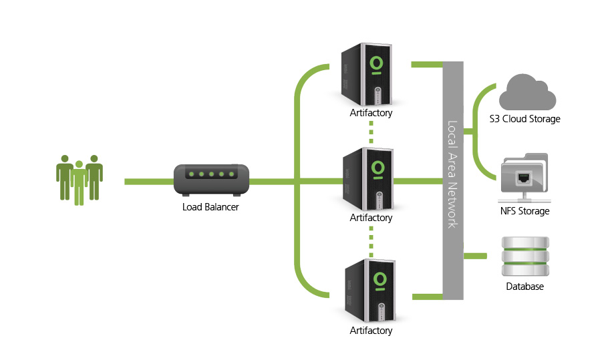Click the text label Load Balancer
coord(210,207)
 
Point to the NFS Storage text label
coord(524,211)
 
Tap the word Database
coord(524,287)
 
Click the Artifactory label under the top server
coord(371,113)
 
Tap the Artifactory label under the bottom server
coord(371,331)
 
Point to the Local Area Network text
coord(452,174)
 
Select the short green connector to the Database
coord(476,255)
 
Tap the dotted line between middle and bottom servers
coord(370,240)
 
